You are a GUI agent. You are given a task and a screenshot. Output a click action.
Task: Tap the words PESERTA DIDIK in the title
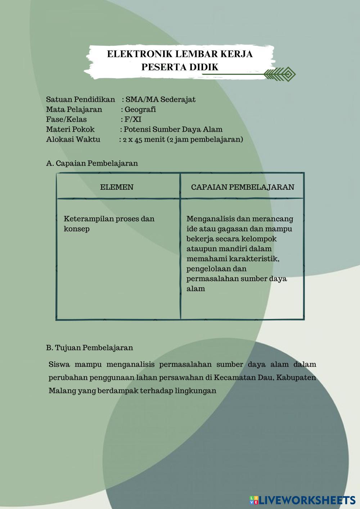point(180,67)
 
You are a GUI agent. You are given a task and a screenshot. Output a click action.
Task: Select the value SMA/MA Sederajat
point(160,99)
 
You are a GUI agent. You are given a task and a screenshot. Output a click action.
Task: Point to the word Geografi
point(140,109)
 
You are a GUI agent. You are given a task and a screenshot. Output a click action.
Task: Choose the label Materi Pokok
point(70,130)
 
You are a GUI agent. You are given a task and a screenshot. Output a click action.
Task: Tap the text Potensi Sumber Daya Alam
point(173,130)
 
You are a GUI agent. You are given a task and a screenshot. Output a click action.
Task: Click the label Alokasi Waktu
point(73,140)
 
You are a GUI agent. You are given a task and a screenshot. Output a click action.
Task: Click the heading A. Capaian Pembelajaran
point(92,163)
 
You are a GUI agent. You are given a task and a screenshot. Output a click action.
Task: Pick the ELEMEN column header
point(117,187)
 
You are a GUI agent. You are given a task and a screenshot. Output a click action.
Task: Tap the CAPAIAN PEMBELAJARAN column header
point(242,187)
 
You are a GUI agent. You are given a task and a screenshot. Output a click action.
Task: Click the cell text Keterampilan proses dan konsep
point(109,224)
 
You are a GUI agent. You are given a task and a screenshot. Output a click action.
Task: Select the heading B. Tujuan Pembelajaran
point(89,348)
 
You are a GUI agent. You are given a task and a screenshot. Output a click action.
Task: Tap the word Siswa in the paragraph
point(59,364)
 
